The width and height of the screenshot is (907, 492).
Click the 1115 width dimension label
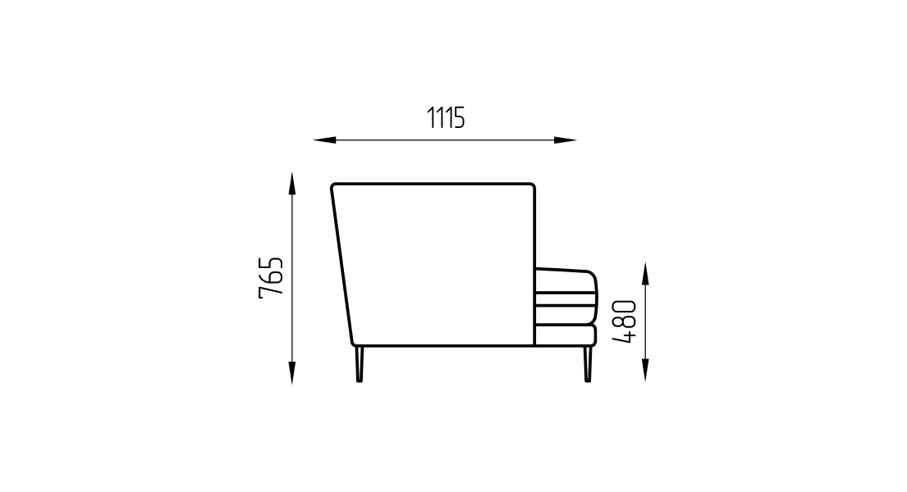pos(446,118)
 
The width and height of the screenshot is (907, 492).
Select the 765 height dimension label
pos(272,277)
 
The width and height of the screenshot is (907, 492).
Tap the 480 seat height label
pos(625,322)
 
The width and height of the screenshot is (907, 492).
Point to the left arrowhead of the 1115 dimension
pos(324,140)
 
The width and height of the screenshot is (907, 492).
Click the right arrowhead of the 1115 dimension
pos(566,140)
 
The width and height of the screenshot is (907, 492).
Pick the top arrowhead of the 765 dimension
pos(292,183)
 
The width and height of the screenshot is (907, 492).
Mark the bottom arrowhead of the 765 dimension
pos(292,373)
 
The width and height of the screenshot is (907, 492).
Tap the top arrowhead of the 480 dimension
pos(645,273)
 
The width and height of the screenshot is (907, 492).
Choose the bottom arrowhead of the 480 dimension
pos(645,370)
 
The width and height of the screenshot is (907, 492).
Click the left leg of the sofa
pos(360,364)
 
